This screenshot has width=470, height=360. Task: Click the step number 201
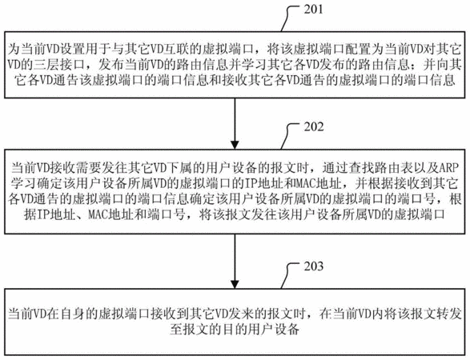314,10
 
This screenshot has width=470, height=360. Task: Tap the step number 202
314,127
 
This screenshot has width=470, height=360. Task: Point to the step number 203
314,266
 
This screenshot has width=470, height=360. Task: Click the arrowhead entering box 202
235,144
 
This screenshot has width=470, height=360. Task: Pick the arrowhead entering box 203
235,284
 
